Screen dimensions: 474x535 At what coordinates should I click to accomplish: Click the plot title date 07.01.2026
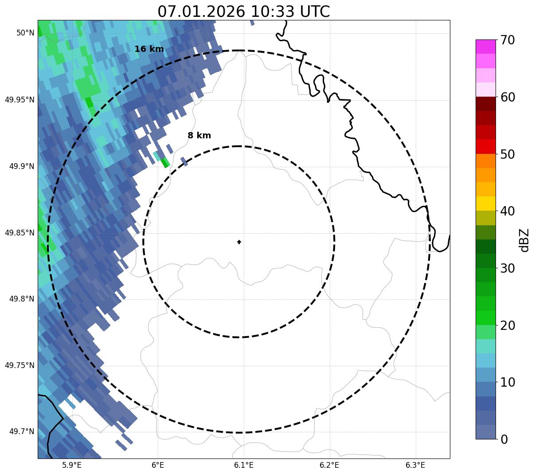pyautogui.click(x=201, y=12)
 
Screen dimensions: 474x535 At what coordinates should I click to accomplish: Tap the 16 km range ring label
pyautogui.click(x=149, y=49)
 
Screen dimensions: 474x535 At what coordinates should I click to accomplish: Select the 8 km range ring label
pyautogui.click(x=199, y=136)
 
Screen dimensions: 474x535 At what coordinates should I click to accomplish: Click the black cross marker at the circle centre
pyautogui.click(x=239, y=242)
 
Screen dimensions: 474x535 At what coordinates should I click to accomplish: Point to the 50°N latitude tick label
pyautogui.click(x=25, y=33)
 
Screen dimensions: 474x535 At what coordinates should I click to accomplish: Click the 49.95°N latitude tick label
pyautogui.click(x=20, y=100)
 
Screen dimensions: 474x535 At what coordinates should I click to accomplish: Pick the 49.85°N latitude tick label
pyautogui.click(x=20, y=233)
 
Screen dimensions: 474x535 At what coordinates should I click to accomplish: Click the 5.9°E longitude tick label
pyautogui.click(x=72, y=465)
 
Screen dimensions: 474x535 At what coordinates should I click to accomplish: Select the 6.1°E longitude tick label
pyautogui.click(x=244, y=465)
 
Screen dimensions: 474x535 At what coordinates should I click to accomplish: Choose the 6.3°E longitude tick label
pyautogui.click(x=415, y=465)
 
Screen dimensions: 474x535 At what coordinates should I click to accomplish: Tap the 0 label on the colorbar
pyautogui.click(x=504, y=439)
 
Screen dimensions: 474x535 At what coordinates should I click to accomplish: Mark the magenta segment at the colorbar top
pyautogui.click(x=485, y=47)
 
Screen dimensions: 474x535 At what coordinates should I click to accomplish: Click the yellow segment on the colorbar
pyautogui.click(x=485, y=204)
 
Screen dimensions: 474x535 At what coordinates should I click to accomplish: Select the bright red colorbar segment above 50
pyautogui.click(x=485, y=146)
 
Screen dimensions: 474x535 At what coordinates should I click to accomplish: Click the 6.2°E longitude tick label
pyautogui.click(x=329, y=465)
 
